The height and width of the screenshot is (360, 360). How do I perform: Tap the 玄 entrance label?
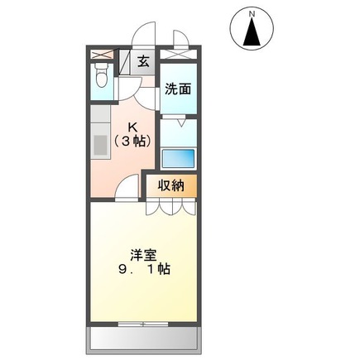click(143, 61)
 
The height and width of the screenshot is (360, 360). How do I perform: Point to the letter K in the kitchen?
click(131, 127)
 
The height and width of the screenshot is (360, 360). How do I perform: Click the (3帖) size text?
click(131, 142)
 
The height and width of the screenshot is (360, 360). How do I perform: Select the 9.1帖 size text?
click(144, 270)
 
